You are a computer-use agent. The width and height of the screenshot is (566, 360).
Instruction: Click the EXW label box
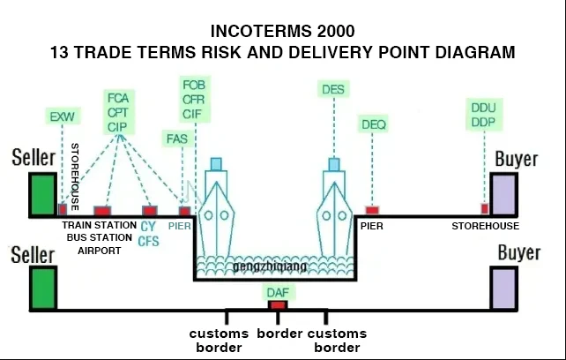tap(62, 116)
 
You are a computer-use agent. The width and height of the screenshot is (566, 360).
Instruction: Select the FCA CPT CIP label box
tap(118, 111)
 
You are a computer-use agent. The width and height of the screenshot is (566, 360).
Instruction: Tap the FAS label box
tap(175, 138)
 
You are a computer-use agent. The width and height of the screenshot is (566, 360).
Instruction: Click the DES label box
tap(333, 89)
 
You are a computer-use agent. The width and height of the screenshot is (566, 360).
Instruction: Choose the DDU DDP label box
tap(483, 115)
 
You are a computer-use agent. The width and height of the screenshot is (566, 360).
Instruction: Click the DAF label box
tap(277, 292)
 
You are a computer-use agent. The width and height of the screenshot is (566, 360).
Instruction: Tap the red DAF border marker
tap(278, 305)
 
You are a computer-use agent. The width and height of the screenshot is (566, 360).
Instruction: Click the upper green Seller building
tap(41, 194)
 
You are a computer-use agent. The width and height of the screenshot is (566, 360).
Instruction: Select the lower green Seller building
tap(41, 288)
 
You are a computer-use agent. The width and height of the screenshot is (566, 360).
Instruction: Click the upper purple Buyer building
tap(504, 194)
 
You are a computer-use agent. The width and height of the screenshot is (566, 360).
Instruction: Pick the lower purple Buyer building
tap(504, 288)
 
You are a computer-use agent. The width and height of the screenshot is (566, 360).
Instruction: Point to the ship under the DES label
tap(334, 207)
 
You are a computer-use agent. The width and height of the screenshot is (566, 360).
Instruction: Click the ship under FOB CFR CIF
tap(216, 207)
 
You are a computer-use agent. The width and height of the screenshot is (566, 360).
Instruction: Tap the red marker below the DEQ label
tap(372, 210)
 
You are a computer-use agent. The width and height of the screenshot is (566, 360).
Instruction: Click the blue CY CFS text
tap(148, 234)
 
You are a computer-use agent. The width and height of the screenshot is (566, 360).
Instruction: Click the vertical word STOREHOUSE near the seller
tap(75, 176)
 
